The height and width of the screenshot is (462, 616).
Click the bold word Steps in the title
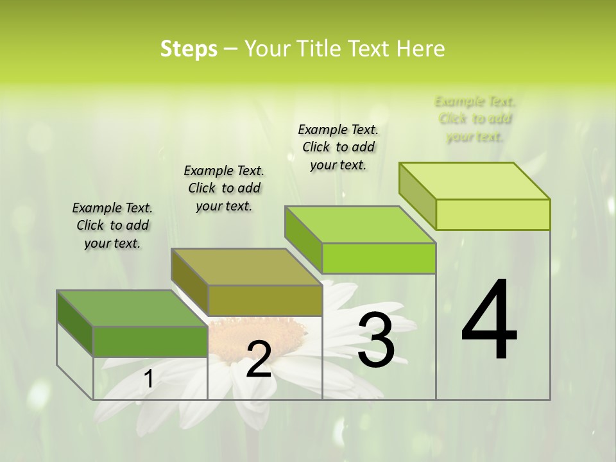189,49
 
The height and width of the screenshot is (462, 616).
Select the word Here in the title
421,49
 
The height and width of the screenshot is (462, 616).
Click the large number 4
489,321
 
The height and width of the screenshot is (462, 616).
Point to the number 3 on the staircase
376,340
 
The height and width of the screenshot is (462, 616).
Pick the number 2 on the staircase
259,359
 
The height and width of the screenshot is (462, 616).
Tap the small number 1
148,379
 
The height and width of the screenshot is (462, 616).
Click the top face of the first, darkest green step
132,309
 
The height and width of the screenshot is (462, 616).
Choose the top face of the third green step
360,225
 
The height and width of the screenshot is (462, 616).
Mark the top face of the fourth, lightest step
474,181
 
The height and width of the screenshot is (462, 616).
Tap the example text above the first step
112,225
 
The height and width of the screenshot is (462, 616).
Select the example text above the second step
224,188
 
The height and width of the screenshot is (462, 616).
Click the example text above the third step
338,147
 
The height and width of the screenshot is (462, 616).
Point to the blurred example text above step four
475,119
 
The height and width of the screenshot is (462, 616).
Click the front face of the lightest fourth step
493,214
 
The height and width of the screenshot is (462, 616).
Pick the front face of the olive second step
265,300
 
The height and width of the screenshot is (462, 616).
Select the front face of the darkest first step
150,341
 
